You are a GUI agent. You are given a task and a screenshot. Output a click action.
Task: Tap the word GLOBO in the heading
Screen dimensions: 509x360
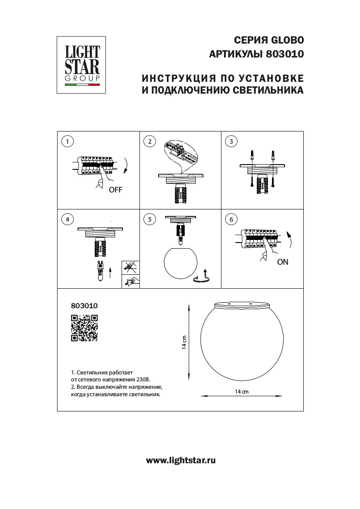288,40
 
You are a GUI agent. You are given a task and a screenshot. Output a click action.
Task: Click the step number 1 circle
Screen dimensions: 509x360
67,141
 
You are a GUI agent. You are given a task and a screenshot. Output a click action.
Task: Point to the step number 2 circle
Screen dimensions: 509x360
149,141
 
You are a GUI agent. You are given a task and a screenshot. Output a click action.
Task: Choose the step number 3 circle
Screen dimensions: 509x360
231,141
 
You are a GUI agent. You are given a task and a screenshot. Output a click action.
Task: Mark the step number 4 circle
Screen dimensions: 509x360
67,219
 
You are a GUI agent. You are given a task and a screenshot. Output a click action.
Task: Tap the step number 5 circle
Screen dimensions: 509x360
149,219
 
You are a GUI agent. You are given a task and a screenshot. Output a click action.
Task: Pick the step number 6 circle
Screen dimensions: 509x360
231,219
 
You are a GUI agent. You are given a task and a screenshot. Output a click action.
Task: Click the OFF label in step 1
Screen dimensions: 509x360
116,190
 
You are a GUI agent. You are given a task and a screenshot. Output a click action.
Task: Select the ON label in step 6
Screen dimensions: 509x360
282,262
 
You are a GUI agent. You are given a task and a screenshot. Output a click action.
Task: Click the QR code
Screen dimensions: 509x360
84,327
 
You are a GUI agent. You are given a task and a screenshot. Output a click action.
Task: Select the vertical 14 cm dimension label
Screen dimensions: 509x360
184,343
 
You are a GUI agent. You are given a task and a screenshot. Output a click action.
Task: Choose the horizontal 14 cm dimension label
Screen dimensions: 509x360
241,392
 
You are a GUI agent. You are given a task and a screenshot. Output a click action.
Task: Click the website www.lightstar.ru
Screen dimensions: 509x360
180,460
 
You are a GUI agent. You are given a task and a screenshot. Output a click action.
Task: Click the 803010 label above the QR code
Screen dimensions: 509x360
84,306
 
